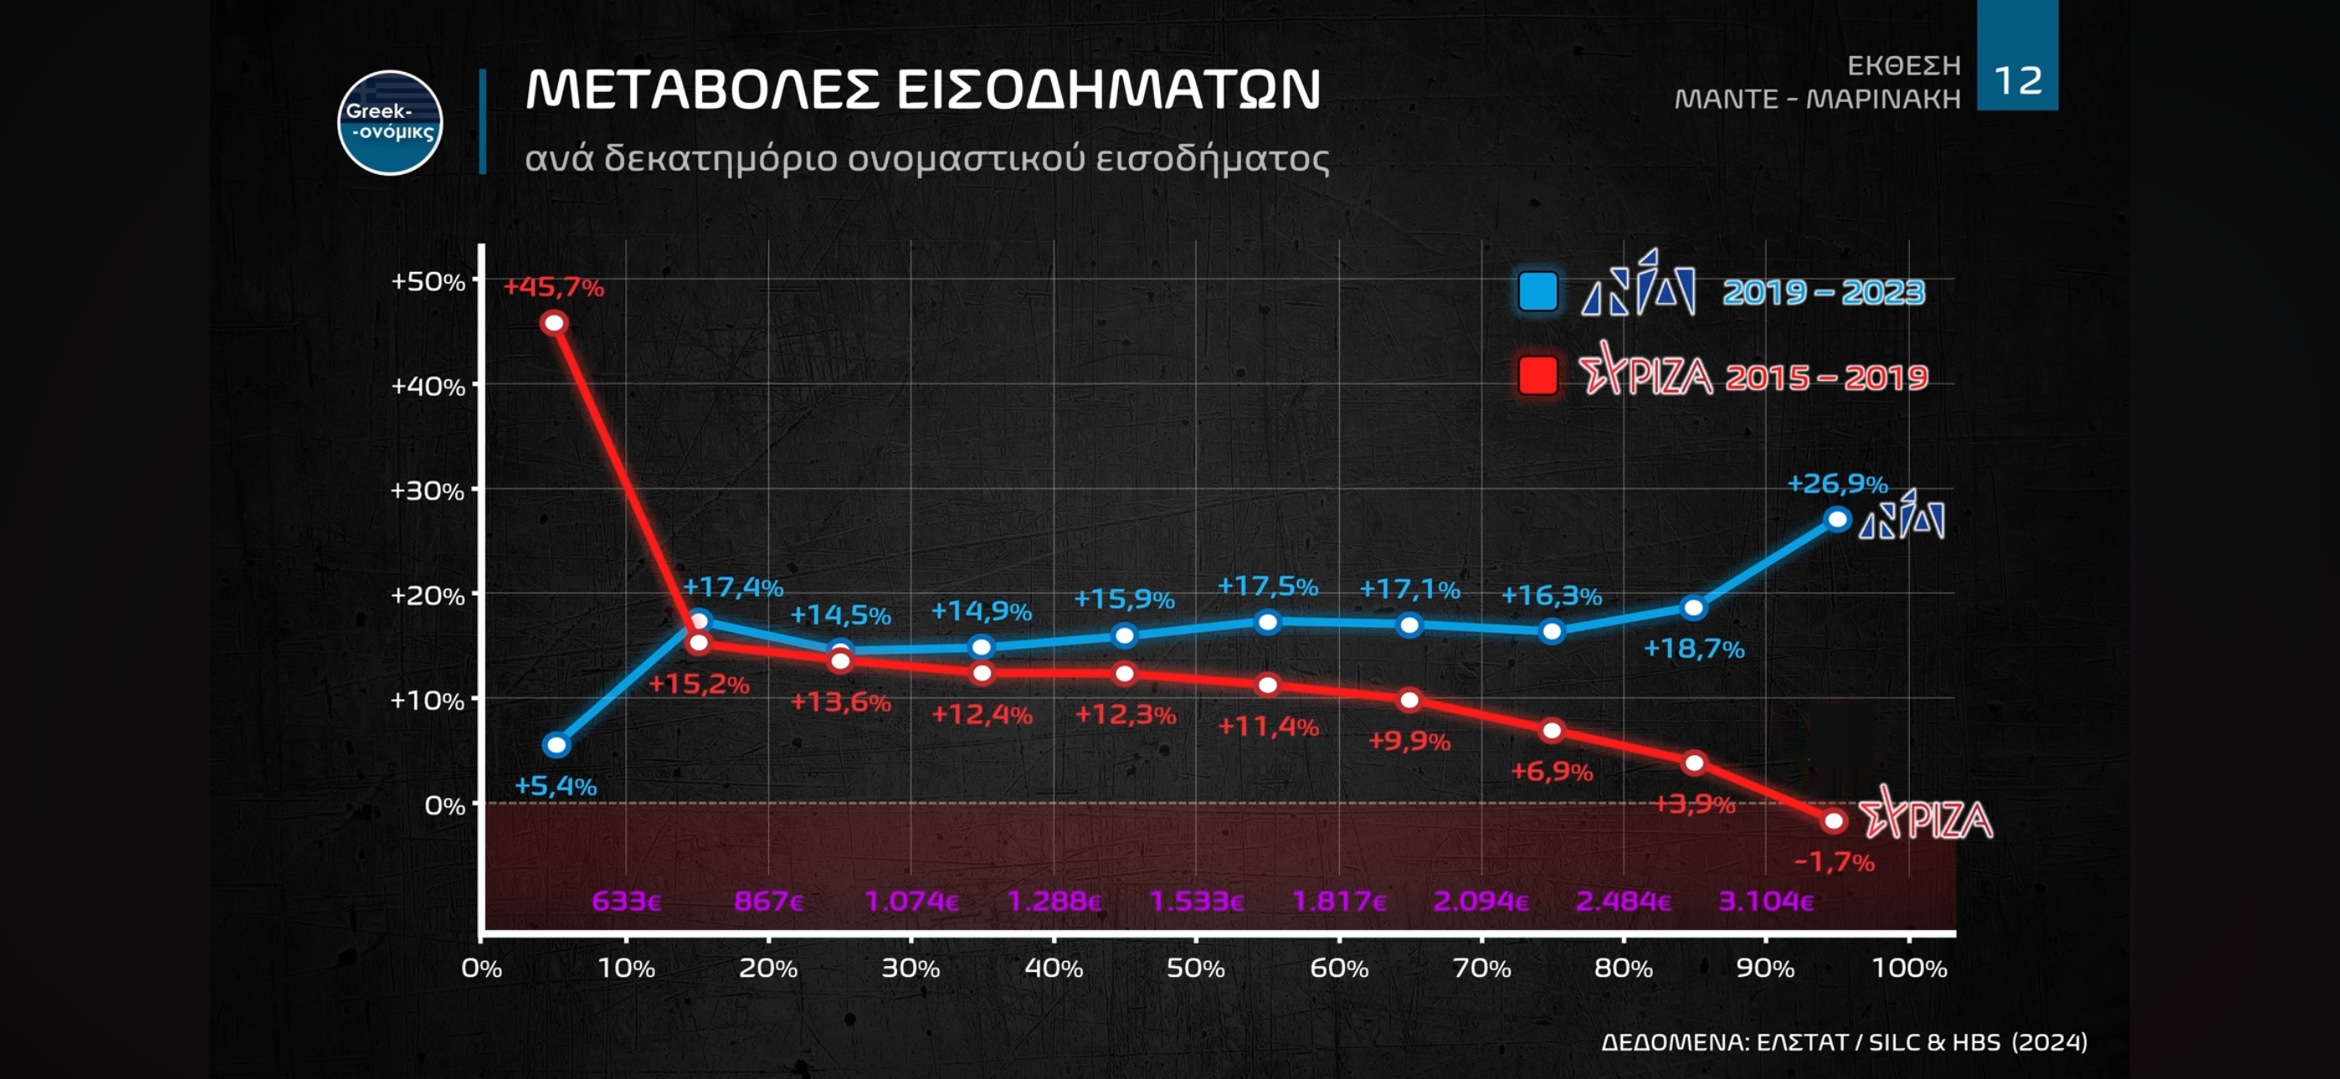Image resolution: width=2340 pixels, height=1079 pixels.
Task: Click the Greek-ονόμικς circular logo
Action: pyautogui.click(x=390, y=123)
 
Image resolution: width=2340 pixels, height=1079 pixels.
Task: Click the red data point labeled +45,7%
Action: pyautogui.click(x=554, y=324)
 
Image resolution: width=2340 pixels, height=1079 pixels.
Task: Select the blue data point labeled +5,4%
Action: pyautogui.click(x=556, y=744)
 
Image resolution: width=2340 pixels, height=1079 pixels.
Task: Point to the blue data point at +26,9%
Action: pyautogui.click(x=1837, y=519)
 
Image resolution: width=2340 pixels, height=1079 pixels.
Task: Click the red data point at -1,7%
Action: pyautogui.click(x=1834, y=821)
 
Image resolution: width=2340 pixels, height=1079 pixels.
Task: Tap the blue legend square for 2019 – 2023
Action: pyautogui.click(x=1538, y=292)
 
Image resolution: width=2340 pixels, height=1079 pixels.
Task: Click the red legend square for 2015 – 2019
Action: pyautogui.click(x=1538, y=376)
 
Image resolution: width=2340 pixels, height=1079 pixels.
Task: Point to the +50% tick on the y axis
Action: pyautogui.click(x=428, y=282)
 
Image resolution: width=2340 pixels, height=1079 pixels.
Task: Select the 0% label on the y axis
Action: pyautogui.click(x=444, y=805)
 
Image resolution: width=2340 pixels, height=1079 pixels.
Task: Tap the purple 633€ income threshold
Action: pyautogui.click(x=626, y=901)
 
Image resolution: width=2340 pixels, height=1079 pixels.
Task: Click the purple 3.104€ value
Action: pyautogui.click(x=1765, y=901)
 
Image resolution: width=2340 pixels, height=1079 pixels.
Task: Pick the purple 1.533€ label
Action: pyautogui.click(x=1195, y=901)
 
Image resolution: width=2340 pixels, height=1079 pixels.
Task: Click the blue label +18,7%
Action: pyautogui.click(x=1693, y=649)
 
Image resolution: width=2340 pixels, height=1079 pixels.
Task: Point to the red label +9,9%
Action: pyautogui.click(x=1409, y=741)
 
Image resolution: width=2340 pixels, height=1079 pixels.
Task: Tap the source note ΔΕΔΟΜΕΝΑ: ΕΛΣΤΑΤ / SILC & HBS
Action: pyautogui.click(x=1843, y=1041)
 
